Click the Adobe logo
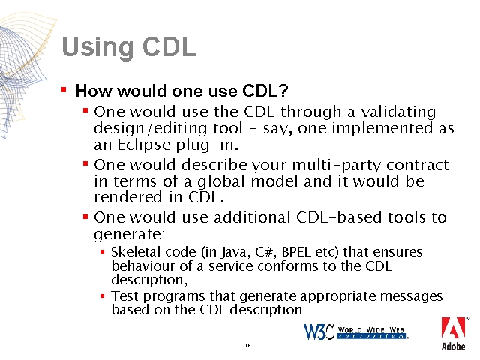click(x=453, y=334)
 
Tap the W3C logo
click(x=355, y=331)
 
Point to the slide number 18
click(x=248, y=345)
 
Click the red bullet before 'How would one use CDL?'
click(x=64, y=89)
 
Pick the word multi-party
click(x=336, y=166)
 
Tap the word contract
click(x=418, y=165)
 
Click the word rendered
click(x=128, y=197)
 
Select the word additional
click(x=252, y=217)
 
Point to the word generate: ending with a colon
click(x=130, y=235)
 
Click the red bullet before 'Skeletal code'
click(x=102, y=252)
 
